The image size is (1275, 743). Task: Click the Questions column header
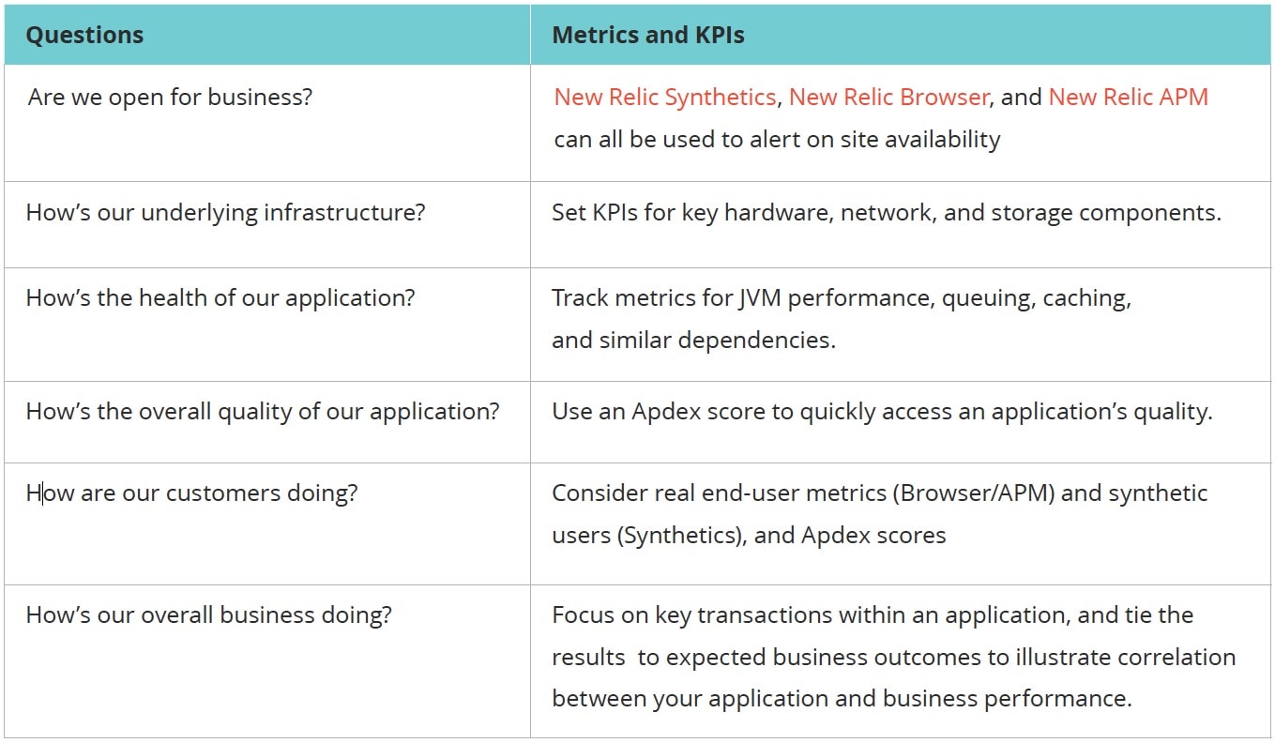(x=84, y=36)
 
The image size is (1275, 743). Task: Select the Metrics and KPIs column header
(x=647, y=36)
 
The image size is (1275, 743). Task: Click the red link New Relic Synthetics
(x=665, y=98)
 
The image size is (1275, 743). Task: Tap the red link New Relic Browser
(x=888, y=98)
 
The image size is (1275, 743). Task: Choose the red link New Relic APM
(x=1128, y=98)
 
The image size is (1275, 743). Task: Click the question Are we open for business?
(x=170, y=98)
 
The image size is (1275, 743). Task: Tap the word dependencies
(x=756, y=341)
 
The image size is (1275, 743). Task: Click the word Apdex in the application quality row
(x=666, y=412)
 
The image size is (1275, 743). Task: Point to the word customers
(x=223, y=493)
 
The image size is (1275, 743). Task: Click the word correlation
(x=1176, y=658)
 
